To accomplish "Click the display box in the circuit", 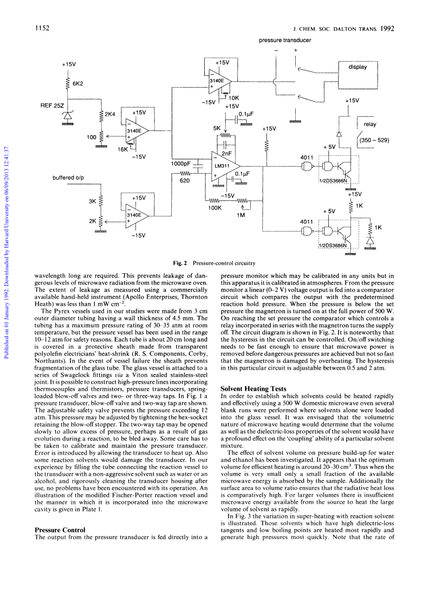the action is [x=357, y=75].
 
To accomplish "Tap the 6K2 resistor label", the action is [x=77, y=84].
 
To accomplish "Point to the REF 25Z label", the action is [x=52, y=106].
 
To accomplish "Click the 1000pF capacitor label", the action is [x=180, y=164].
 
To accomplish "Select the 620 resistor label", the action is [x=185, y=181].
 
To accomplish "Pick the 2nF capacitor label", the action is [x=226, y=154].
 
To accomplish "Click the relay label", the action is [x=370, y=124].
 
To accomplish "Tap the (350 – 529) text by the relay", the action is [x=374, y=140].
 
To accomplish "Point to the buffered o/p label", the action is [x=68, y=178].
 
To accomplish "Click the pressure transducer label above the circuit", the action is [x=285, y=40].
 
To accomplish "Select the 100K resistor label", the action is [x=214, y=208].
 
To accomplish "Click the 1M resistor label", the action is [x=240, y=215].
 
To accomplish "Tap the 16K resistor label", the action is [x=122, y=149].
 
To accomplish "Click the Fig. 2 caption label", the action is [x=180, y=263].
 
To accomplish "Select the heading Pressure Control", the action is [x=60, y=530].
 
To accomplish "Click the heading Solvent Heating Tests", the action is [x=253, y=389].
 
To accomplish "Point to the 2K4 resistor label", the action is [x=110, y=114].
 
